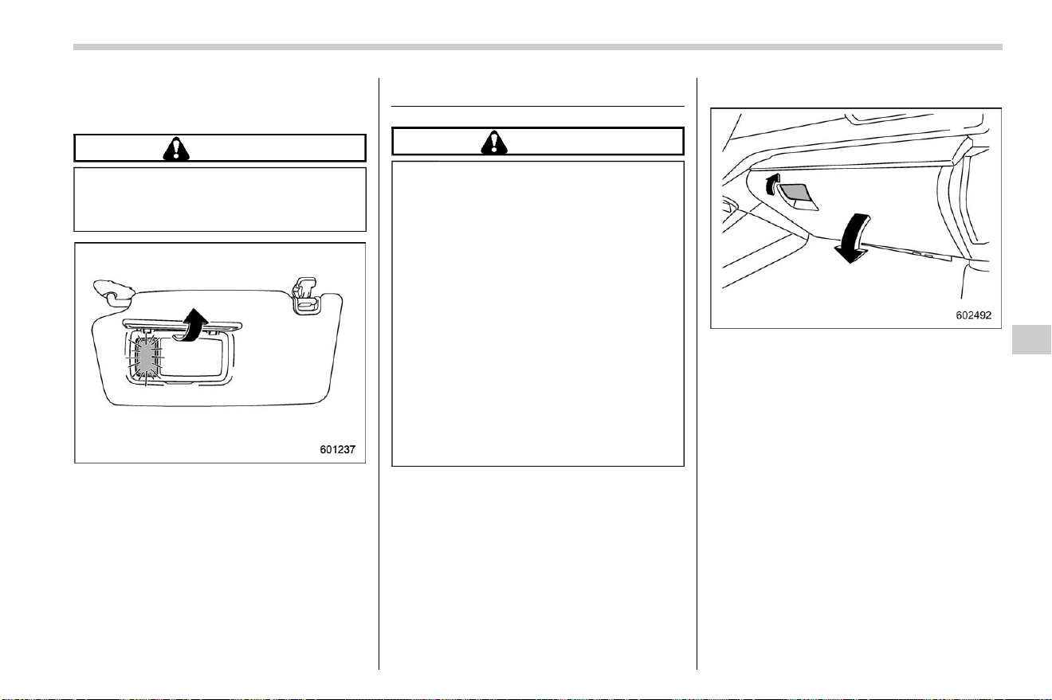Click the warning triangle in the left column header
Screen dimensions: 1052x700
point(176,149)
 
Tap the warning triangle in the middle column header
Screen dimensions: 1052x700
point(494,143)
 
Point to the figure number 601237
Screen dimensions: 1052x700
point(338,449)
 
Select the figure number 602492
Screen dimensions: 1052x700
point(974,315)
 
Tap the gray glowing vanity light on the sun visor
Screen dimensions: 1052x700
point(146,358)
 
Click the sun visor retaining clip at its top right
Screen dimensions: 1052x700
point(305,295)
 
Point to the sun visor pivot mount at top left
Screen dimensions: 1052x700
point(114,290)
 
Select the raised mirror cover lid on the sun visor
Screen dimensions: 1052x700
point(183,325)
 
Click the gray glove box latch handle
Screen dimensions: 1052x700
point(798,196)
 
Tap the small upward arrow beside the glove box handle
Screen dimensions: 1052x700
point(772,184)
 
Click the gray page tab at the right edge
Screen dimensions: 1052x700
point(1031,339)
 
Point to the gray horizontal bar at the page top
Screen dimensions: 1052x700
point(538,47)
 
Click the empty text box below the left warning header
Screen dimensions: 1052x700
point(220,199)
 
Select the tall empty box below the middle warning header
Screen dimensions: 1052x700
point(538,314)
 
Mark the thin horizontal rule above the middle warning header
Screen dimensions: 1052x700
point(538,107)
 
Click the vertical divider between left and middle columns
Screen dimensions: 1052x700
point(379,373)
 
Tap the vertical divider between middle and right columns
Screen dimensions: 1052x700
point(697,373)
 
